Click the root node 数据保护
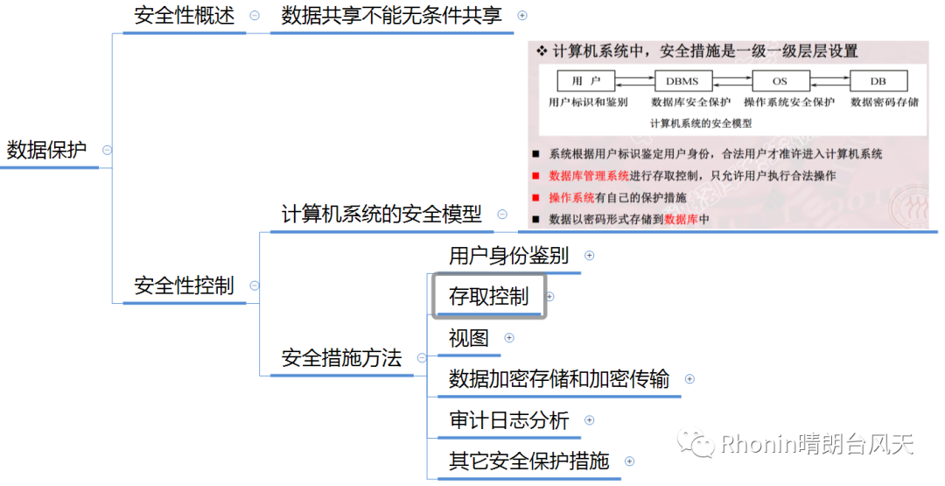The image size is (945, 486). (47, 150)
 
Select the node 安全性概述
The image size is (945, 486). (184, 16)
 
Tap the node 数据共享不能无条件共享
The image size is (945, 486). (392, 16)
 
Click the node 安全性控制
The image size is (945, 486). (184, 285)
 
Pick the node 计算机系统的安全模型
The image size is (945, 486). (381, 214)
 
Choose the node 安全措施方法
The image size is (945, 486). (341, 357)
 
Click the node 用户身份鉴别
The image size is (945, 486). (508, 256)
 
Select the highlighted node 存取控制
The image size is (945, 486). (489, 296)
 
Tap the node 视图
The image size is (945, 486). (469, 338)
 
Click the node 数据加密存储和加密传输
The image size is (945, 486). (559, 379)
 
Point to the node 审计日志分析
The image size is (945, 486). (508, 420)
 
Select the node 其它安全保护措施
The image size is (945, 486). (528, 461)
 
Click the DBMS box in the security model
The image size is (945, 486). (682, 81)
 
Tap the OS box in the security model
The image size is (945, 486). (780, 81)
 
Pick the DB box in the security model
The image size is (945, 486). (878, 81)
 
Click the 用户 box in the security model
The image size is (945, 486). (585, 81)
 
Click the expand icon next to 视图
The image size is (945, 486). (509, 338)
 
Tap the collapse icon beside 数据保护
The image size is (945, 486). (107, 150)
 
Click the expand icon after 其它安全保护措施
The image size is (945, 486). (629, 461)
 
